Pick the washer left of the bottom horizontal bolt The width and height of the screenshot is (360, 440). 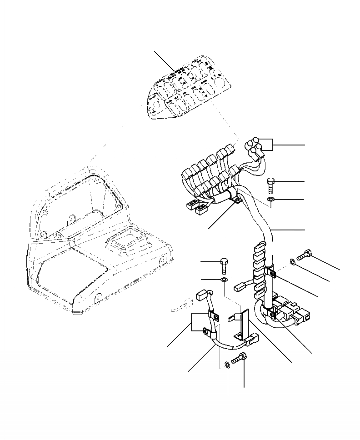click(228, 365)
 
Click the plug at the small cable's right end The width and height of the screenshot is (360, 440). click(252, 339)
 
